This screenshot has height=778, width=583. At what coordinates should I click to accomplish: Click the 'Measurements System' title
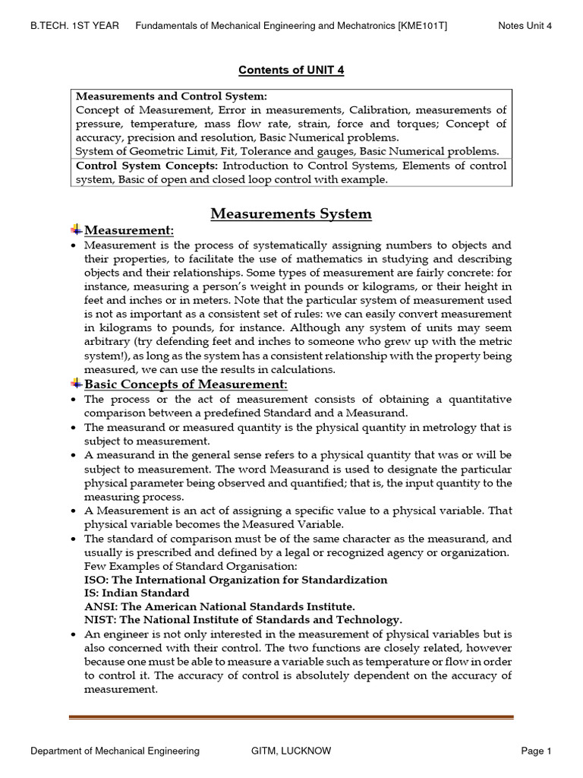(291, 213)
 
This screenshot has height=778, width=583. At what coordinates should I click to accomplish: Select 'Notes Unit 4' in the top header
(525, 26)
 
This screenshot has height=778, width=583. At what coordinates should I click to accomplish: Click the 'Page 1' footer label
(536, 751)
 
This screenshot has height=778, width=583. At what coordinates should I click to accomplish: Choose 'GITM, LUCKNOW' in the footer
(291, 751)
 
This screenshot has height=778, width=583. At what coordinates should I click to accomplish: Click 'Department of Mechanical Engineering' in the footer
(115, 751)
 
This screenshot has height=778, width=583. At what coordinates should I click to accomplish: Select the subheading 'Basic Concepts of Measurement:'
(186, 385)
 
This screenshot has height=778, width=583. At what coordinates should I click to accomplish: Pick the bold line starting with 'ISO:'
(235, 580)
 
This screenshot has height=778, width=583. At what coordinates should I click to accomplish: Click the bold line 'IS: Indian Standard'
(137, 593)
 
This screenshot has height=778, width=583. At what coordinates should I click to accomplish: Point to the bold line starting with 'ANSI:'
(219, 606)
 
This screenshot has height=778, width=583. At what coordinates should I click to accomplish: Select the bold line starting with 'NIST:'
(243, 619)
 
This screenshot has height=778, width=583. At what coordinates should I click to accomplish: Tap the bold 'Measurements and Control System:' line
(172, 96)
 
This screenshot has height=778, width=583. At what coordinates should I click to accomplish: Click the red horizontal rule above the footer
(291, 716)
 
